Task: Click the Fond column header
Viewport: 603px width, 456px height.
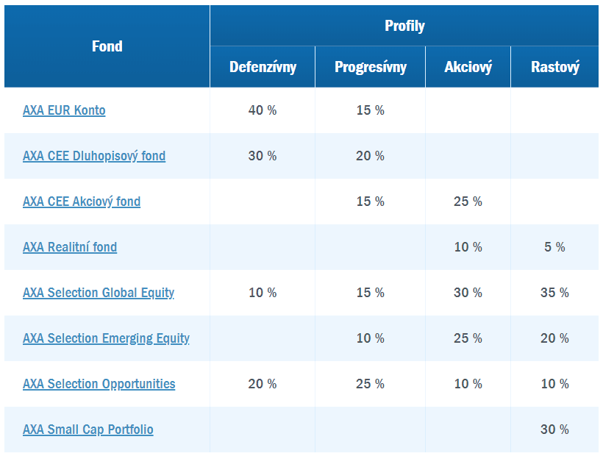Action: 107,46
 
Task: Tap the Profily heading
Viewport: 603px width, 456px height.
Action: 404,26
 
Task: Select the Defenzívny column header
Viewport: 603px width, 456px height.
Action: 263,67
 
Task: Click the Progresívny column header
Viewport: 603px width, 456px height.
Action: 371,67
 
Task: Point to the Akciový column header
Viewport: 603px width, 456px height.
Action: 468,67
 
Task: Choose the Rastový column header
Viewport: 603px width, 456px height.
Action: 555,67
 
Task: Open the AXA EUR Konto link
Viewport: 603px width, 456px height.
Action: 64,110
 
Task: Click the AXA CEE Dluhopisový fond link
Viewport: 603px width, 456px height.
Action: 94,156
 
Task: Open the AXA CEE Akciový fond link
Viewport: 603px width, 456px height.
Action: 82,202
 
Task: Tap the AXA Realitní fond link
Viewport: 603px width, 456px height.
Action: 70,247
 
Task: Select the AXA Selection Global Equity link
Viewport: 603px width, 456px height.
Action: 99,293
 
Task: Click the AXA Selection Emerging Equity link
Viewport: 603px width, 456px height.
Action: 106,339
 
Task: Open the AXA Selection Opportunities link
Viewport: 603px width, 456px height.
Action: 99,384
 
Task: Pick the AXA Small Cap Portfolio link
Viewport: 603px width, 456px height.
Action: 88,430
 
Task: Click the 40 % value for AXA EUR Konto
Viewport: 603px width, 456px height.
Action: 263,110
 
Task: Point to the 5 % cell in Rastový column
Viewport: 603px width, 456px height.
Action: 554,247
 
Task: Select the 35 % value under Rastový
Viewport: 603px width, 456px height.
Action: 554,293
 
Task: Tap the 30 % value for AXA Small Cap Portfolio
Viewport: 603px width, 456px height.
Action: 554,430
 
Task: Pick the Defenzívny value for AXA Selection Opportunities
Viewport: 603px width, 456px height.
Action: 263,384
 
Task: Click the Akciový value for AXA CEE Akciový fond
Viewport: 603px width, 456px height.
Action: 468,202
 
